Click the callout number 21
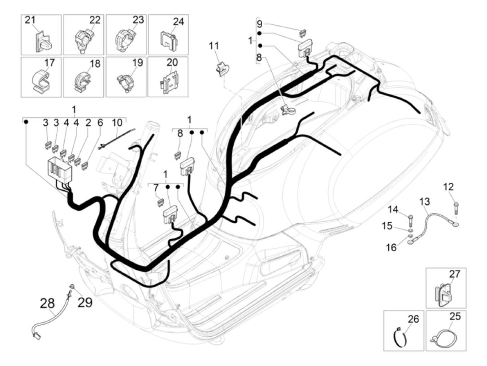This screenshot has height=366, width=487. [x=30, y=20]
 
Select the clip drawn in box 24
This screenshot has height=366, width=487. [x=168, y=41]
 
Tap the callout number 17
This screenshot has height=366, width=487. [x=49, y=63]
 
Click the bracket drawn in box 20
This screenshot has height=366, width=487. [x=169, y=83]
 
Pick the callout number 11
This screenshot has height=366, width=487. [x=214, y=46]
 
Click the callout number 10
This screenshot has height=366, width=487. [x=117, y=122]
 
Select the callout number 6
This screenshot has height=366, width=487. [x=100, y=122]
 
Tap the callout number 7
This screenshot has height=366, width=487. [x=155, y=188]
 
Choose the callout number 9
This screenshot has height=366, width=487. [x=260, y=24]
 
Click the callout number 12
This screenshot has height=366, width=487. [x=448, y=187]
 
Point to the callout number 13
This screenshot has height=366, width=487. [x=424, y=201]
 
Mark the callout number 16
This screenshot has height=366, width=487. [x=391, y=247]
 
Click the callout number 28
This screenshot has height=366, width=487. [x=47, y=303]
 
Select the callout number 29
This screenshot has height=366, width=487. [x=85, y=302]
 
